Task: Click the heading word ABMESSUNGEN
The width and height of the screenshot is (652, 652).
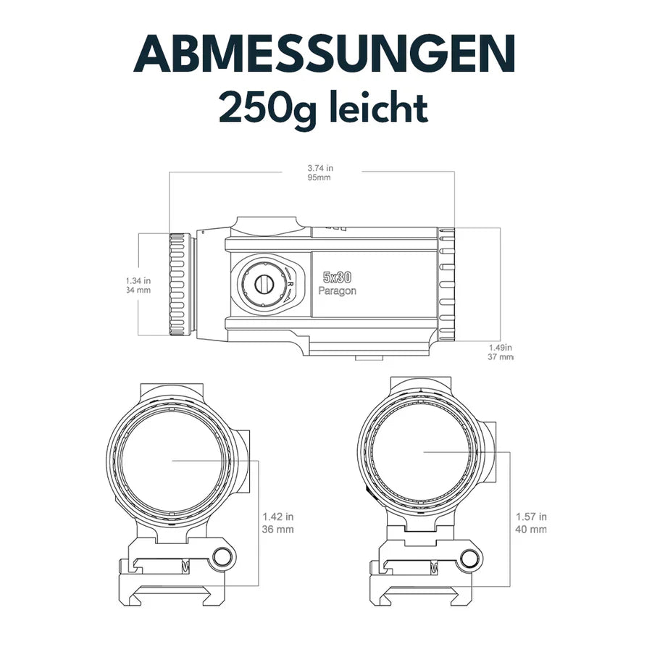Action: pos(325,53)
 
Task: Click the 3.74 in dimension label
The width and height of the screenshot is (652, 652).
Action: pos(320,168)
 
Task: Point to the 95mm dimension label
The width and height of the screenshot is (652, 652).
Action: pos(319,177)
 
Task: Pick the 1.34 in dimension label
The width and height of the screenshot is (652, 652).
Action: pos(137,280)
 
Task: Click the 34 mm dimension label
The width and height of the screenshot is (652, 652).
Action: pos(138,291)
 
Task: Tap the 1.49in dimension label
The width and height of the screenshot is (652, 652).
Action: pos(501,347)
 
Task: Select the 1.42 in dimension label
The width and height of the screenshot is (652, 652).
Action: pos(278,517)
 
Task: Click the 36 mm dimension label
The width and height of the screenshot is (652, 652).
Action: pos(278,530)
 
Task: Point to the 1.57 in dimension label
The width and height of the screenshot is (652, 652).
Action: pos(531,517)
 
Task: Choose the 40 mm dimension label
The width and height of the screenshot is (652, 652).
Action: pos(531,530)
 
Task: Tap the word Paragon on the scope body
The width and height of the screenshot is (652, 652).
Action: pos(338,291)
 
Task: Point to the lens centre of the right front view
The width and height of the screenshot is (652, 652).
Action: pos(424,451)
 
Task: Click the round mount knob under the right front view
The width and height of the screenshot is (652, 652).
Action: pos(472,559)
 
